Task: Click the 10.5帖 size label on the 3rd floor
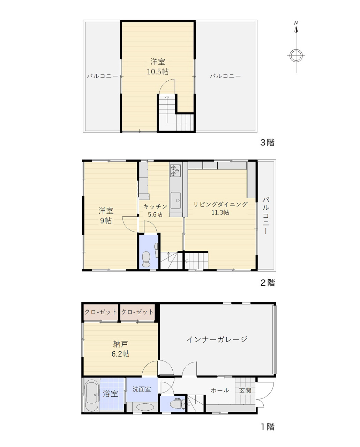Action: click(158, 72)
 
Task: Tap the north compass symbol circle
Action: click(296, 56)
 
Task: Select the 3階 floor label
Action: click(268, 142)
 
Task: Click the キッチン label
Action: click(155, 206)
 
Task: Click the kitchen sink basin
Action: click(175, 201)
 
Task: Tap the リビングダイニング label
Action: click(220, 204)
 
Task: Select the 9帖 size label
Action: click(106, 221)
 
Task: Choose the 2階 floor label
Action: click(268, 283)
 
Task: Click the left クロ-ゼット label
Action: click(101, 312)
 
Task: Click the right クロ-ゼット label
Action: click(137, 312)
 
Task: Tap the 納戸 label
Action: click(121, 344)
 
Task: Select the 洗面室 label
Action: click(142, 389)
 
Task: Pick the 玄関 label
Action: click(245, 390)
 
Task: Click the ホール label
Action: click(220, 390)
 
